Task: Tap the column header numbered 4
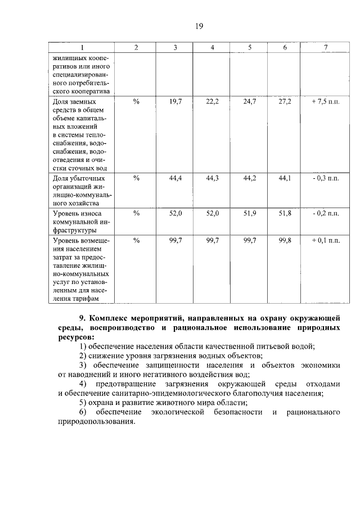coord(212,48)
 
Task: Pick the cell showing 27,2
coord(285,101)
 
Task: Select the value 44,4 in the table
coord(175,178)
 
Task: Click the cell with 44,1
coord(285,178)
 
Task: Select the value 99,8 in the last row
coord(285,240)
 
